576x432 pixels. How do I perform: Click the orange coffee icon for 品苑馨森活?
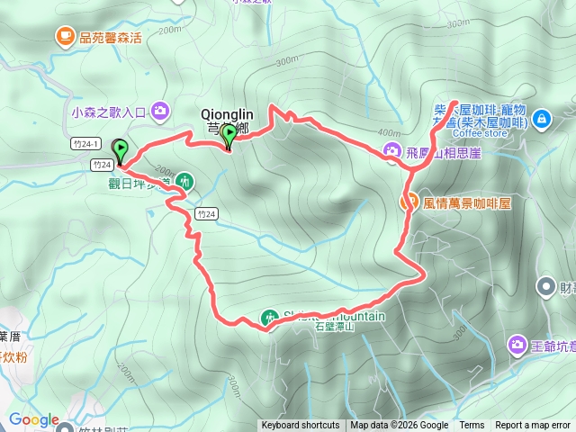(x=65, y=37)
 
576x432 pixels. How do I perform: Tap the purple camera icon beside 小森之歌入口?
(x=160, y=112)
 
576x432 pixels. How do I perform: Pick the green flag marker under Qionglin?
(x=229, y=136)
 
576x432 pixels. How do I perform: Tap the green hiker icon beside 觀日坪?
(x=184, y=181)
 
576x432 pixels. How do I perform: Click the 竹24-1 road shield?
(x=81, y=143)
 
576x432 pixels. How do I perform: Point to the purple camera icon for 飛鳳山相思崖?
(x=392, y=151)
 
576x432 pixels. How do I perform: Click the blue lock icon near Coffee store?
(x=541, y=118)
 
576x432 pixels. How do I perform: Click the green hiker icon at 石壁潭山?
(x=268, y=317)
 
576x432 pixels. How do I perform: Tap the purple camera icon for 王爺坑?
(x=517, y=344)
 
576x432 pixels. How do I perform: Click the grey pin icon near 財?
(x=545, y=287)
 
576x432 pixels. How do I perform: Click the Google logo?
(x=33, y=419)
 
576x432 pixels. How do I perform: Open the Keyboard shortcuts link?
(x=301, y=426)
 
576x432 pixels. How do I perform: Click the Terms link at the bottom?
(x=472, y=426)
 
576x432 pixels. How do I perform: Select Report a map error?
(x=534, y=426)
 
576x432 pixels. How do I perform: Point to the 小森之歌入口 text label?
(x=108, y=112)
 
